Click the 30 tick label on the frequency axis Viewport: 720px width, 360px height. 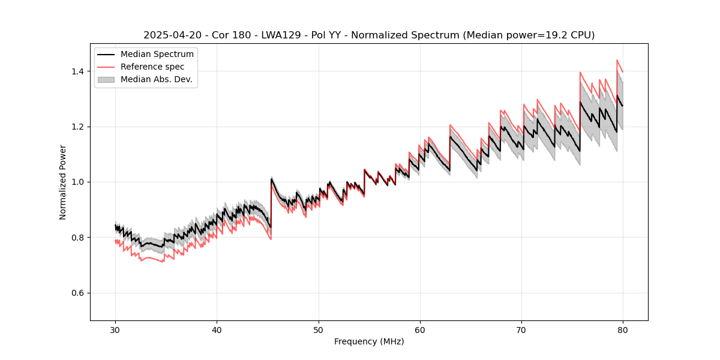point(115,329)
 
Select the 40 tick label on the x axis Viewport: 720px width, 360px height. point(217,329)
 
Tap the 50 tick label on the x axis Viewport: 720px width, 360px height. point(319,329)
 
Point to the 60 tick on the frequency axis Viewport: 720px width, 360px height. point(420,329)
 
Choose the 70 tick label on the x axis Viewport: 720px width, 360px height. point(521,329)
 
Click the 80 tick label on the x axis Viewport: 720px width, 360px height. point(623,329)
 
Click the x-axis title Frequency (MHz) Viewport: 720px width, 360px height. point(369,341)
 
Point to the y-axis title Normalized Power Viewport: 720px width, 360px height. point(63,182)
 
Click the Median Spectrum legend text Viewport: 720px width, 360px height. point(157,55)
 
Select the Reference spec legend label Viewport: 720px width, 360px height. point(152,67)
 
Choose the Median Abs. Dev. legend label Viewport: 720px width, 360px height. point(157,79)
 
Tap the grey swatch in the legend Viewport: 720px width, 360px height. point(106,79)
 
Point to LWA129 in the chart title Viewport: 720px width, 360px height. point(281,35)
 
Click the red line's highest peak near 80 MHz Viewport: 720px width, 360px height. point(617,60)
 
